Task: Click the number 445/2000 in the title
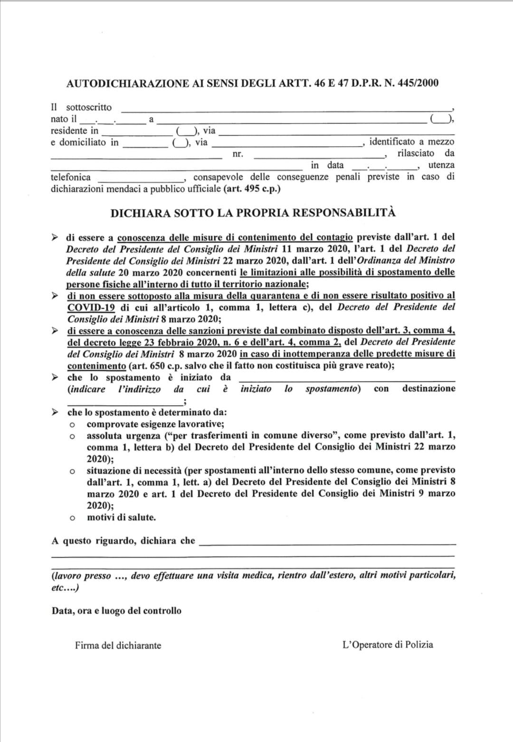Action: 418,84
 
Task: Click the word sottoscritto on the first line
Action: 89,107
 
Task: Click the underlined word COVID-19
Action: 91,307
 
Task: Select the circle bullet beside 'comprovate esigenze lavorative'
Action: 72,425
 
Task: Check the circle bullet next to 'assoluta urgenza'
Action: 72,436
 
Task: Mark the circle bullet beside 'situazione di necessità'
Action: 72,471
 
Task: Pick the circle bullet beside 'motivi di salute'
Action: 72,518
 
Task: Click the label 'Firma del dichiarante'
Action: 118,646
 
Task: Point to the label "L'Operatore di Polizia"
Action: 388,645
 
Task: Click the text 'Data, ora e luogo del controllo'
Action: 116,611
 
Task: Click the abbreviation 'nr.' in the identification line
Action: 237,154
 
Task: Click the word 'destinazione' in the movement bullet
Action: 428,389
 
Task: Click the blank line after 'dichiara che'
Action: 327,543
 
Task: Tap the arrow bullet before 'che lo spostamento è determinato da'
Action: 56,412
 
